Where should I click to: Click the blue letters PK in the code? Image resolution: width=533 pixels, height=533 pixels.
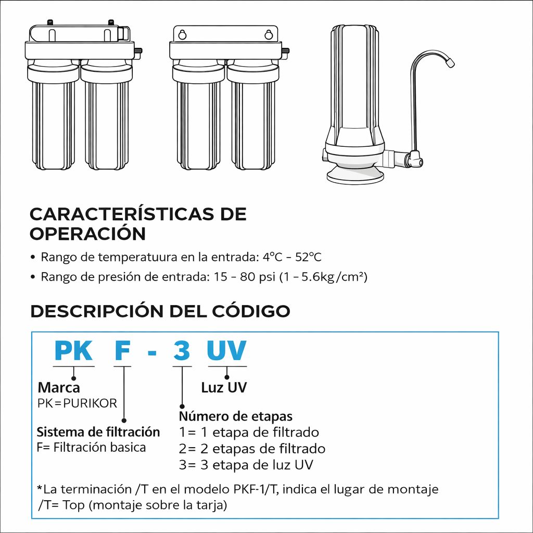pyautogui.click(x=73, y=350)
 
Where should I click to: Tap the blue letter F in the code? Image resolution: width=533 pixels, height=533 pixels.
pyautogui.click(x=123, y=350)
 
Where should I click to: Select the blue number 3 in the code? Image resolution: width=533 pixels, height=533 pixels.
pyautogui.click(x=182, y=350)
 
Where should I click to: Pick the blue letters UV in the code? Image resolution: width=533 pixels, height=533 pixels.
pyautogui.click(x=227, y=350)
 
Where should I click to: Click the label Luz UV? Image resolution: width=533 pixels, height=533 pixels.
pyautogui.click(x=224, y=387)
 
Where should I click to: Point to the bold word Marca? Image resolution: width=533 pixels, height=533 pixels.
pyautogui.click(x=59, y=387)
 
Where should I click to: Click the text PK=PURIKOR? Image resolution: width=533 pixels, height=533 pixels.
pyautogui.click(x=77, y=403)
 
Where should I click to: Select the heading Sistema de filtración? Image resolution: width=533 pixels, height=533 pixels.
pyautogui.click(x=98, y=432)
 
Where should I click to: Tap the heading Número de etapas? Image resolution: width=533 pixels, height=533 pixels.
pyautogui.click(x=236, y=416)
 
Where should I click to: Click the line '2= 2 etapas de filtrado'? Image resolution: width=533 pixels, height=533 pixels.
pyautogui.click(x=252, y=449)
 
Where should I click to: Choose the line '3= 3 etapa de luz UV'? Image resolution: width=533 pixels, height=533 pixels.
pyautogui.click(x=246, y=465)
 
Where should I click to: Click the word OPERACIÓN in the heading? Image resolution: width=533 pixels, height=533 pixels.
pyautogui.click(x=87, y=234)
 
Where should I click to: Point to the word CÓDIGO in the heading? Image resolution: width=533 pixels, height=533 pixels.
pyautogui.click(x=251, y=311)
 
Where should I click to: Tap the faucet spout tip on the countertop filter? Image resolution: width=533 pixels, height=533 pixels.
pyautogui.click(x=450, y=63)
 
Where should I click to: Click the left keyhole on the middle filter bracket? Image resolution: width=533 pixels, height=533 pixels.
pyautogui.click(x=182, y=35)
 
